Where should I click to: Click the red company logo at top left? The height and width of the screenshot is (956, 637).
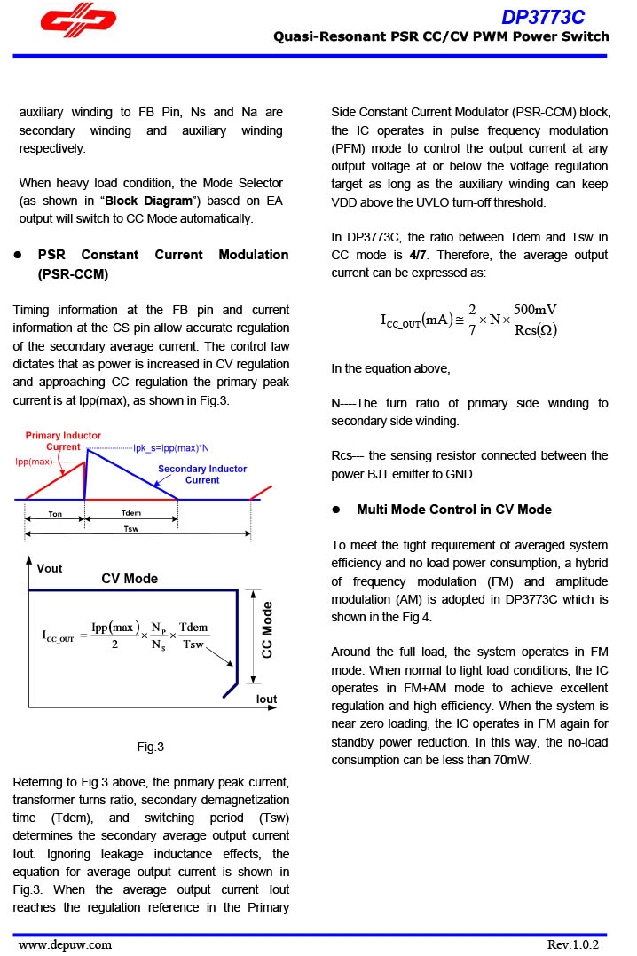[78, 24]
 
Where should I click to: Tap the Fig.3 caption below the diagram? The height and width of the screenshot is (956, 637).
[150, 747]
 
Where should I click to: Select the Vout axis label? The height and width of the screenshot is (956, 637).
[50, 568]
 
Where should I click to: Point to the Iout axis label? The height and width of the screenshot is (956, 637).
[266, 699]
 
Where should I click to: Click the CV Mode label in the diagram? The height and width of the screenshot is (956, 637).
[130, 579]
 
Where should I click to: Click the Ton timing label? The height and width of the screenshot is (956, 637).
[55, 514]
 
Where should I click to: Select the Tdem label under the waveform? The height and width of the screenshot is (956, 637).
[130, 514]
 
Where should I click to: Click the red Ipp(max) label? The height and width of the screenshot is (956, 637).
[34, 462]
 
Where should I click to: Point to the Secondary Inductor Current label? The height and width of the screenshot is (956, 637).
[202, 474]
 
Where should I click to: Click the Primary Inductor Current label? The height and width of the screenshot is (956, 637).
[63, 441]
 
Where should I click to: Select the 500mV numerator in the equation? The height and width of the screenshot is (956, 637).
[535, 310]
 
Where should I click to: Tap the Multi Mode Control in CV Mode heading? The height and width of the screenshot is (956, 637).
[453, 510]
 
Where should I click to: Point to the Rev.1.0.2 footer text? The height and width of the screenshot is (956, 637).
[573, 944]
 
